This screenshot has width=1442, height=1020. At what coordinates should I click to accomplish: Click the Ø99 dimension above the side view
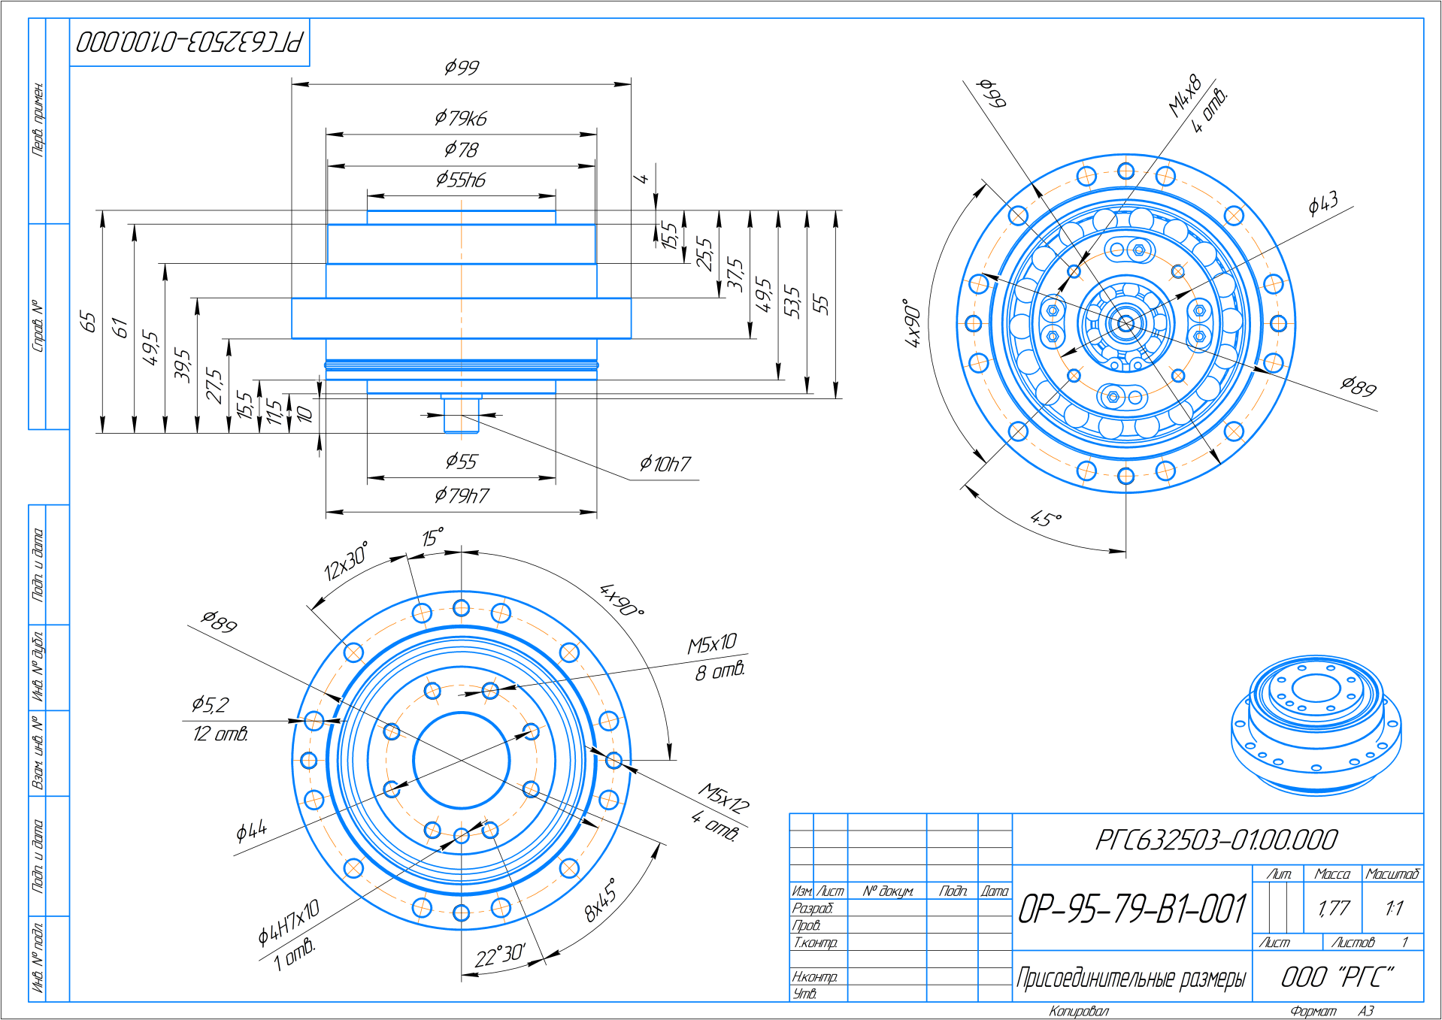tap(462, 68)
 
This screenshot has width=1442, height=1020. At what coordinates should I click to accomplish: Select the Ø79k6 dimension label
tap(461, 119)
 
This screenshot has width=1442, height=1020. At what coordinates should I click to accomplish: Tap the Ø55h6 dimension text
tap(461, 180)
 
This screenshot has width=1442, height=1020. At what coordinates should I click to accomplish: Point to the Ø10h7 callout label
tap(665, 465)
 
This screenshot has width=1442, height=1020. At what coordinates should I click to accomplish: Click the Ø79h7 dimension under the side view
tap(462, 496)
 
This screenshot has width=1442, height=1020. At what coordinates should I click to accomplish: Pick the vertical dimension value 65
tap(88, 322)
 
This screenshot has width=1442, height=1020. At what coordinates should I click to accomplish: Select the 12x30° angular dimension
tap(346, 561)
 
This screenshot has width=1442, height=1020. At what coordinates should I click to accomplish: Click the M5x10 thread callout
tap(712, 644)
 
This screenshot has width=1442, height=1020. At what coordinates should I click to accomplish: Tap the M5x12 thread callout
tap(723, 799)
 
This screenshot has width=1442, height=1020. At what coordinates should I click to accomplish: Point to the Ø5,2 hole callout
tap(210, 705)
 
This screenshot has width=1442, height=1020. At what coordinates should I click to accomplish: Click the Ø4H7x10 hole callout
tap(289, 922)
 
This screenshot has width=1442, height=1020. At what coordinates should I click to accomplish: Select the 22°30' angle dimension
tap(499, 956)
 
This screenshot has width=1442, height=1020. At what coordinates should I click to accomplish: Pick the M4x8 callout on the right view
tap(1185, 96)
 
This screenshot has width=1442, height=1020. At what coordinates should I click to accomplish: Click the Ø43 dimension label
tap(1323, 203)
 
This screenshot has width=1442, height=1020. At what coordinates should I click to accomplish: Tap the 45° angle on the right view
tap(1046, 519)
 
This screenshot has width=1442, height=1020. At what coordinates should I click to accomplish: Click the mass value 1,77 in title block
tap(1334, 909)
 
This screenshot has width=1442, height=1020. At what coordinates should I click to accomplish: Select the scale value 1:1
tap(1394, 909)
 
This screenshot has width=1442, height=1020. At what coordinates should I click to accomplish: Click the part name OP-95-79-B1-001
tap(1132, 909)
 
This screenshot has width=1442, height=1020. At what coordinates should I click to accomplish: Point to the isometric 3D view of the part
tap(1316, 725)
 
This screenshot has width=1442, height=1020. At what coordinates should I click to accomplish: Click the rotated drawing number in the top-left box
tap(189, 42)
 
